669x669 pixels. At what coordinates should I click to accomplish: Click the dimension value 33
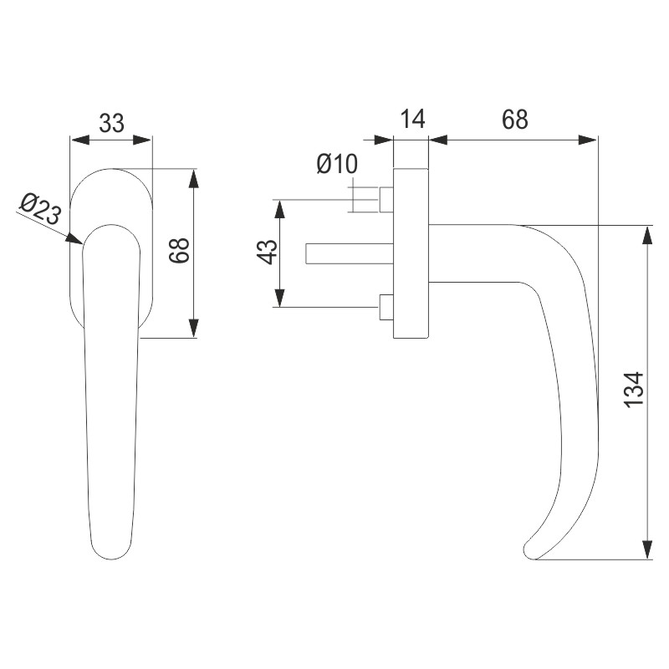click(111, 123)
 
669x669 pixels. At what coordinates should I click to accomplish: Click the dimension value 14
click(411, 120)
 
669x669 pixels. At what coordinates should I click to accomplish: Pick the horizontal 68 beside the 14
click(514, 120)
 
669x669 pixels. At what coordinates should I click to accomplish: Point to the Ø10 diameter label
click(337, 164)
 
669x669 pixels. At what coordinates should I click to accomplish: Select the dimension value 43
click(265, 252)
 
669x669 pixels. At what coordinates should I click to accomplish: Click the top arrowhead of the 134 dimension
click(646, 233)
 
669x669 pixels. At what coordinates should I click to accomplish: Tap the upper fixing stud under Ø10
click(386, 200)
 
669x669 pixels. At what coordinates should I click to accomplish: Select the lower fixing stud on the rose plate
click(386, 307)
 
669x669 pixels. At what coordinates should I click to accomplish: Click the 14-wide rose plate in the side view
click(411, 253)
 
